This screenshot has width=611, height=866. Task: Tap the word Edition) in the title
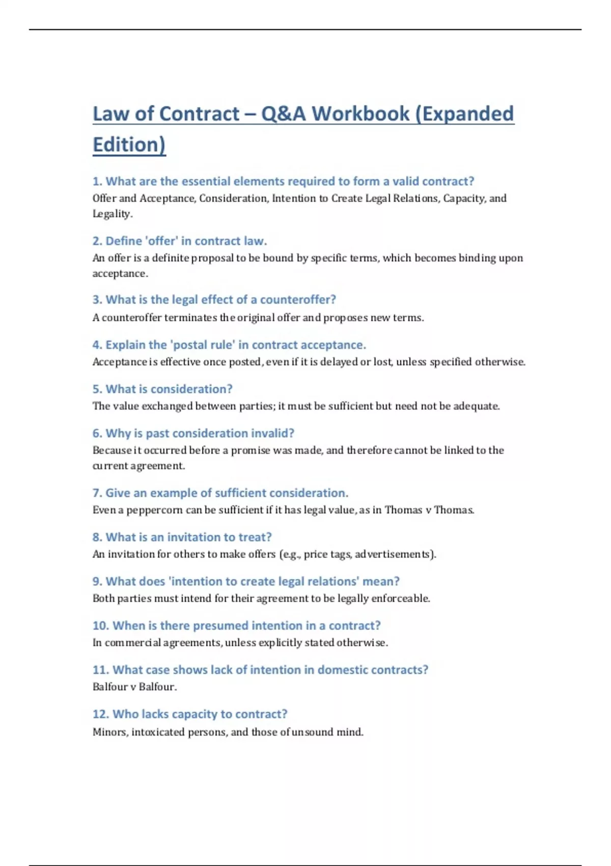[x=129, y=145]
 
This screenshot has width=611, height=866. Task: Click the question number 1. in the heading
[x=97, y=181]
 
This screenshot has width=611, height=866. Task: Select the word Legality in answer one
[x=112, y=214]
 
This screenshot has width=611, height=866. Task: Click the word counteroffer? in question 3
[x=298, y=300]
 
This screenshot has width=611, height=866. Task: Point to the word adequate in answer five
[x=475, y=407]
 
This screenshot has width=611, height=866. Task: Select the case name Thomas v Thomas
[x=429, y=510]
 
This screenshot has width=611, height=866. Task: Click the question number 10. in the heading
[x=100, y=626]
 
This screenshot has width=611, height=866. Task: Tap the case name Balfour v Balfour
[x=134, y=687]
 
